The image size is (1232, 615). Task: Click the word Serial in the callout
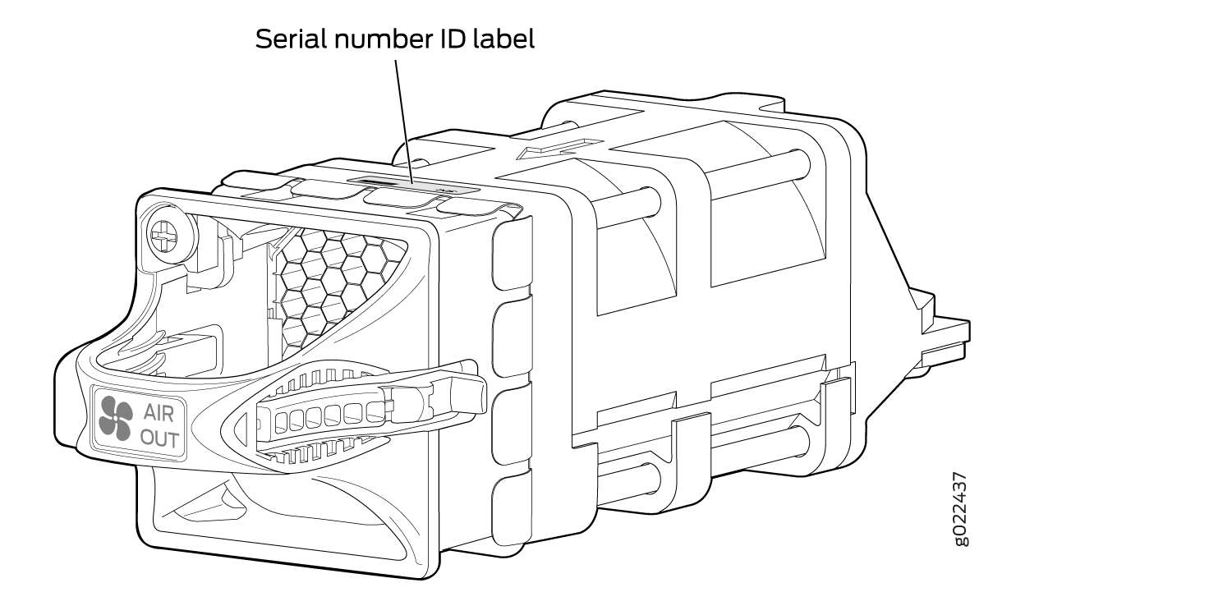click(291, 39)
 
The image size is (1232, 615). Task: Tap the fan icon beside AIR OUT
click(116, 419)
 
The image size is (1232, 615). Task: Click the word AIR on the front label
click(159, 413)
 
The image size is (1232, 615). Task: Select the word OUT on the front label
click(159, 439)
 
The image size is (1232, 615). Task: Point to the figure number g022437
click(960, 509)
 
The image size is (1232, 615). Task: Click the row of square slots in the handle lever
click(330, 416)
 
